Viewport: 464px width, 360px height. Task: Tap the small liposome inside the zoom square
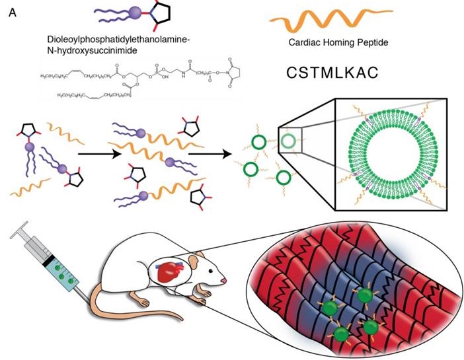pos(288,140)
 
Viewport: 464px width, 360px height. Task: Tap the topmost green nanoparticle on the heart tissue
pos(364,295)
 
